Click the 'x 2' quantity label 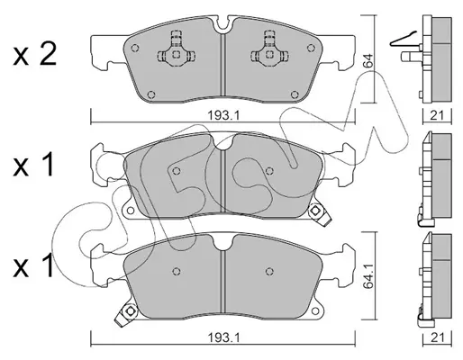click(x=34, y=56)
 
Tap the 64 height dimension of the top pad click(x=368, y=60)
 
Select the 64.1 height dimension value click(x=368, y=276)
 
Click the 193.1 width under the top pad click(x=222, y=115)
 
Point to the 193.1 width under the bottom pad click(x=222, y=338)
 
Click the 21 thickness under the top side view click(x=437, y=115)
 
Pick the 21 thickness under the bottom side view click(x=437, y=338)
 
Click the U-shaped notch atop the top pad click(x=222, y=24)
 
